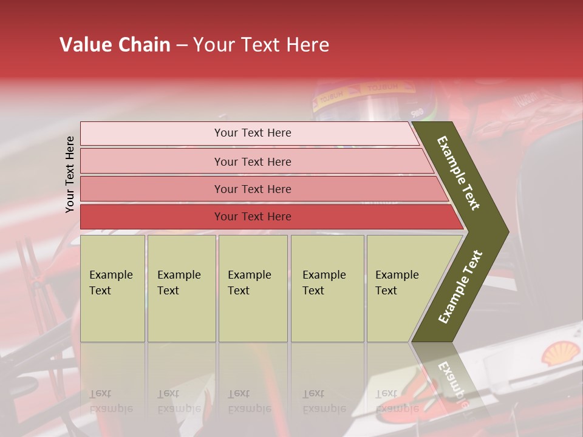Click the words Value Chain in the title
[115, 45]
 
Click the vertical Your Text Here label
[70, 174]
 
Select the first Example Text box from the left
[112, 288]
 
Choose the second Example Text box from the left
[182, 288]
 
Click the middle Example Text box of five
[253, 288]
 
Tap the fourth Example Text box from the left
[327, 288]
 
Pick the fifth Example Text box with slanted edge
[401, 288]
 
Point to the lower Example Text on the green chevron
[460, 287]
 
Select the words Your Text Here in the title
[261, 45]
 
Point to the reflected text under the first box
[111, 401]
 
